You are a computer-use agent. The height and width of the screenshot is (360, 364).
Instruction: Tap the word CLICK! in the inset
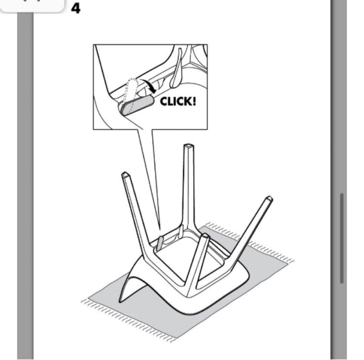click(178, 102)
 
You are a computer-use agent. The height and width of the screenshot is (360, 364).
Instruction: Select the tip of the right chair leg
click(269, 199)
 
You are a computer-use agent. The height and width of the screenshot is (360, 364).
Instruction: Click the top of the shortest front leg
click(205, 236)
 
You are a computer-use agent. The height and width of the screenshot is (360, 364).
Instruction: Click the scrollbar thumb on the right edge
click(342, 238)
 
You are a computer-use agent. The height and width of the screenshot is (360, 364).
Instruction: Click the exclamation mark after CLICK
click(194, 102)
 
